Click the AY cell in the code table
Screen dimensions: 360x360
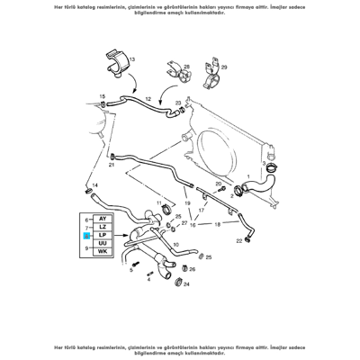click(x=102, y=220)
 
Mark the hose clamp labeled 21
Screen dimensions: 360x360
click(x=112, y=156)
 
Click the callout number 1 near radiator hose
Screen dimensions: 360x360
click(x=249, y=177)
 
